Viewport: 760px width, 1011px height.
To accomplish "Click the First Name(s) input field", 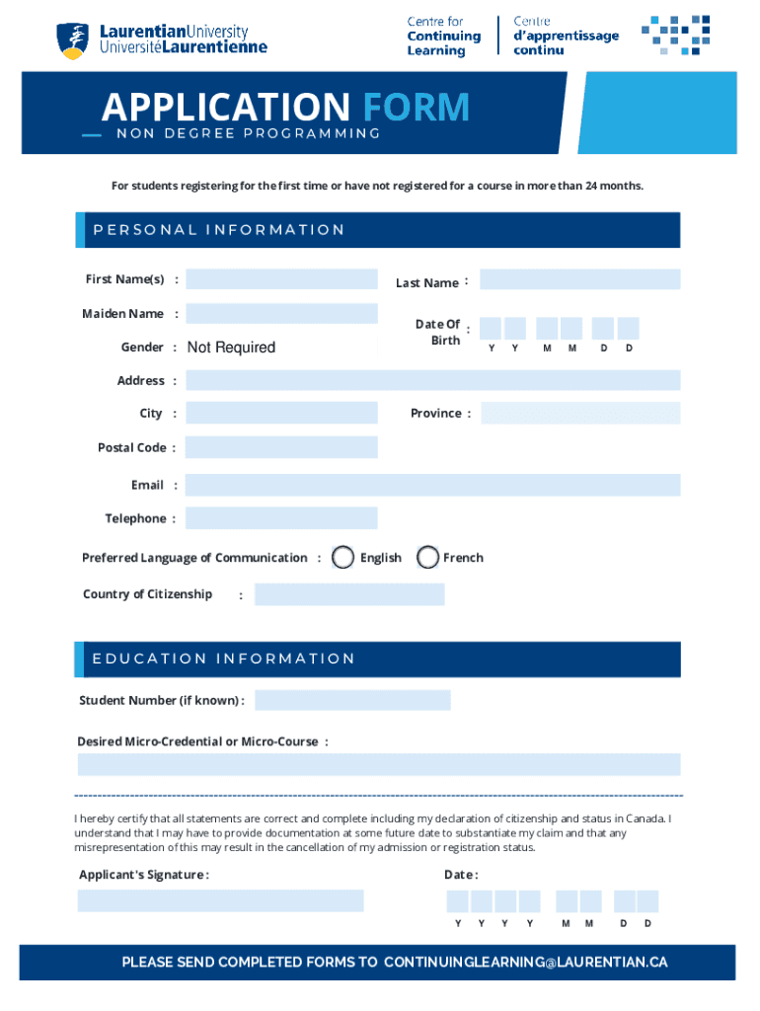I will click(281, 279).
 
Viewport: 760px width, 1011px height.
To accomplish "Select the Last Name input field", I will click(580, 279).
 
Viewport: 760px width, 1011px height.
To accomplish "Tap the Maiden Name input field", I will click(281, 314).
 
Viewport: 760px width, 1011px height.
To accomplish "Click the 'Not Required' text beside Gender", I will click(231, 348).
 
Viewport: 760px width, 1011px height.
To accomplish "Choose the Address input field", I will click(432, 380).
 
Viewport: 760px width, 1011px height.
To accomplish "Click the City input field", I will click(281, 413).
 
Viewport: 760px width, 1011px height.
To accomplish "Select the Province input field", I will click(580, 413).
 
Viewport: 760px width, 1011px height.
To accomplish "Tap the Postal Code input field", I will click(281, 447).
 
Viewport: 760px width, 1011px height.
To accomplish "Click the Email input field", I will click(432, 485).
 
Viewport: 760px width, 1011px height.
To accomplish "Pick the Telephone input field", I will click(281, 518).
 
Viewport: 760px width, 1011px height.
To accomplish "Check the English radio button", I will click(342, 558).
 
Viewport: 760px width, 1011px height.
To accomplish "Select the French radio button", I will click(427, 558).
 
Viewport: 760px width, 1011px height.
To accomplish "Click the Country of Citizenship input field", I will click(349, 594).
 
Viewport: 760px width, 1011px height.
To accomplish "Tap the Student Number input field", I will click(352, 700).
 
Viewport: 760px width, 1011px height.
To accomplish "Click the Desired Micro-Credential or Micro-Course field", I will click(379, 764).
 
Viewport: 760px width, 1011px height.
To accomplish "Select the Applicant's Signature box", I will click(221, 900).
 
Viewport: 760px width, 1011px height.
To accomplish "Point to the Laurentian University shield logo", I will click(71, 40).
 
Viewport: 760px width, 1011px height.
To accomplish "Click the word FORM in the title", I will click(415, 108).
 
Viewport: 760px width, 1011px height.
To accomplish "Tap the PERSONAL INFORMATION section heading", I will click(219, 230).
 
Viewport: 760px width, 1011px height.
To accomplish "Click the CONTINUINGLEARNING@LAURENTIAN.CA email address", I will click(525, 962).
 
